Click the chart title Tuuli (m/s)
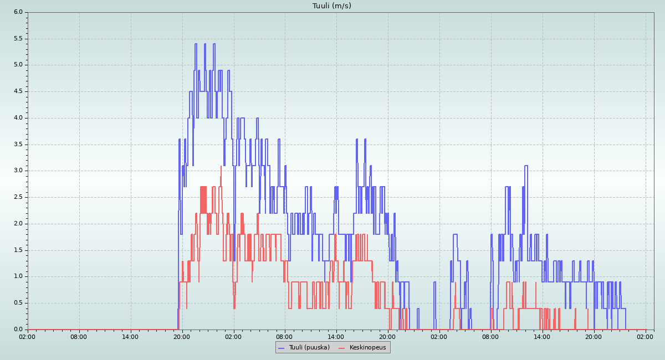click(332, 6)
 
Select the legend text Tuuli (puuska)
click(309, 347)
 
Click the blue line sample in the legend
click(281, 348)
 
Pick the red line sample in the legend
click(341, 348)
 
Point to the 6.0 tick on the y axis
click(18, 12)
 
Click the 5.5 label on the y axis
click(18, 38)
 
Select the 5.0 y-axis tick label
click(18, 65)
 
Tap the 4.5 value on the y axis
click(18, 91)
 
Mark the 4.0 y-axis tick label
click(18, 117)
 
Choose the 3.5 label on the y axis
click(18, 144)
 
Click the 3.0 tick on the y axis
click(18, 171)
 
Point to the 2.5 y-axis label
click(18, 197)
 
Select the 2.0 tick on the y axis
click(18, 223)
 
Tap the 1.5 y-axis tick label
click(18, 250)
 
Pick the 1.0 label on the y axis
click(18, 276)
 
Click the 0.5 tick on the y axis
click(18, 303)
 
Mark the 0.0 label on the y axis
click(18, 329)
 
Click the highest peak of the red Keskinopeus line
click(221, 166)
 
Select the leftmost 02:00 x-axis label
click(28, 336)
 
